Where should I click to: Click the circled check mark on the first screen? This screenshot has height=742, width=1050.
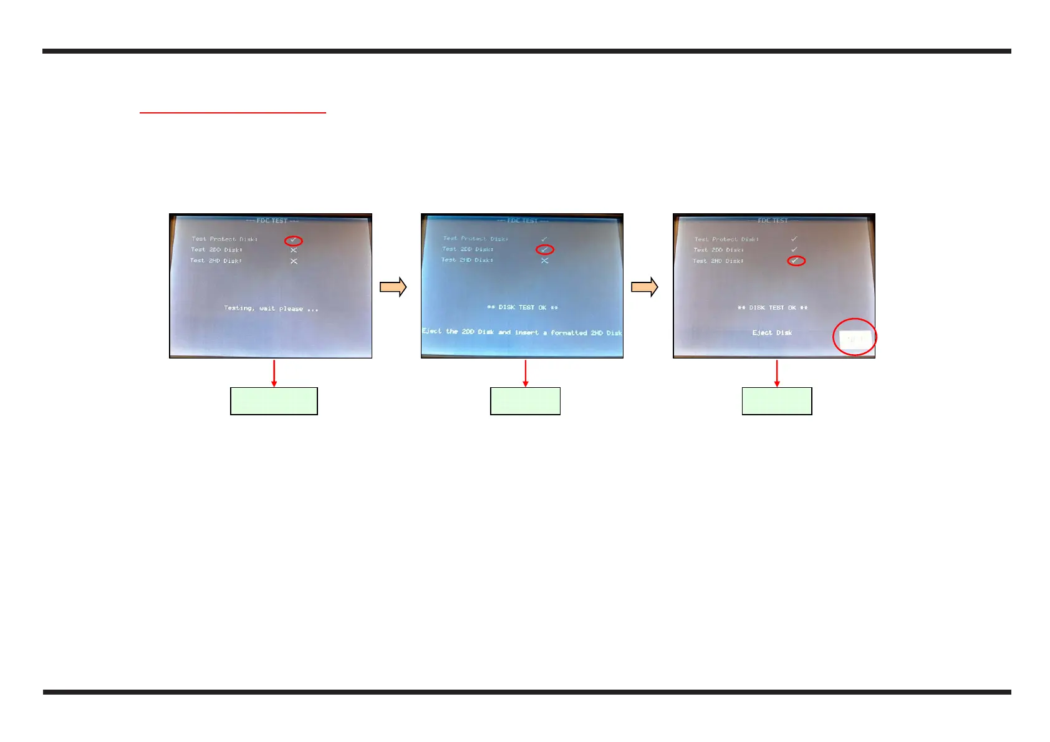click(293, 241)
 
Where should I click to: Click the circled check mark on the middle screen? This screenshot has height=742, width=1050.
click(545, 249)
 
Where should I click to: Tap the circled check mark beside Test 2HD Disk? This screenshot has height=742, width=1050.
click(796, 261)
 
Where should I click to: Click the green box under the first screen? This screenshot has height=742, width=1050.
click(274, 401)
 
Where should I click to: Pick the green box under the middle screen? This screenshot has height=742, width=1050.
click(525, 401)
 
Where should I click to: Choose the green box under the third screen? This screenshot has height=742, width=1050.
click(777, 401)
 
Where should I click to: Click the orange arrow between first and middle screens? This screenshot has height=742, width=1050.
click(393, 287)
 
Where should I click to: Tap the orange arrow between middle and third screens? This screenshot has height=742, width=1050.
click(645, 287)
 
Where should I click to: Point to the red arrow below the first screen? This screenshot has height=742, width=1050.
click(274, 373)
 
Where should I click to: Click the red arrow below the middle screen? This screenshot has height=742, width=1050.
click(526, 373)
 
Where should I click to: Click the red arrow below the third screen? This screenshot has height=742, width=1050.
click(777, 373)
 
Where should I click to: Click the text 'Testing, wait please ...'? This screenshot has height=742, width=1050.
click(271, 309)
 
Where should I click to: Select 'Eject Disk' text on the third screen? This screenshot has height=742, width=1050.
click(772, 333)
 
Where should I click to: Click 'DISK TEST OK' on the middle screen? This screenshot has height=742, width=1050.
click(523, 307)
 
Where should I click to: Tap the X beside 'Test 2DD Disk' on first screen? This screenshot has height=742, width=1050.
click(294, 250)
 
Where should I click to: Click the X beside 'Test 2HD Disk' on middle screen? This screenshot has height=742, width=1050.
click(545, 261)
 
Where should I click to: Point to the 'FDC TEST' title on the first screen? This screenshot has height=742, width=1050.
click(272, 221)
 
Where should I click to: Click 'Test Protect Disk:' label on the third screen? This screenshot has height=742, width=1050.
click(726, 239)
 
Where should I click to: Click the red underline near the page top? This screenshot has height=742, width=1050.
click(233, 113)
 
